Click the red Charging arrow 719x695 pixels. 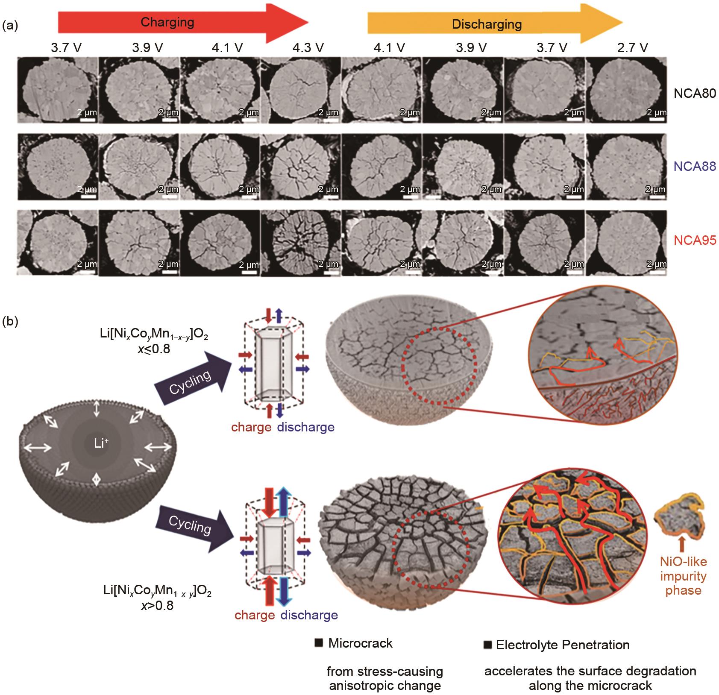183,23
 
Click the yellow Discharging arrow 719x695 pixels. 495,24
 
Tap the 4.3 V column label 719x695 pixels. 308,48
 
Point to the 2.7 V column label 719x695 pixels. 632,48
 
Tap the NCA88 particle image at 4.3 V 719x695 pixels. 300,167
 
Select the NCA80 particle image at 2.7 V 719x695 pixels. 626,91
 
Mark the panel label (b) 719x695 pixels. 10,321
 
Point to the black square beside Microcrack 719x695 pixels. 318,643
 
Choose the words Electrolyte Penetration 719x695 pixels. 563,645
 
